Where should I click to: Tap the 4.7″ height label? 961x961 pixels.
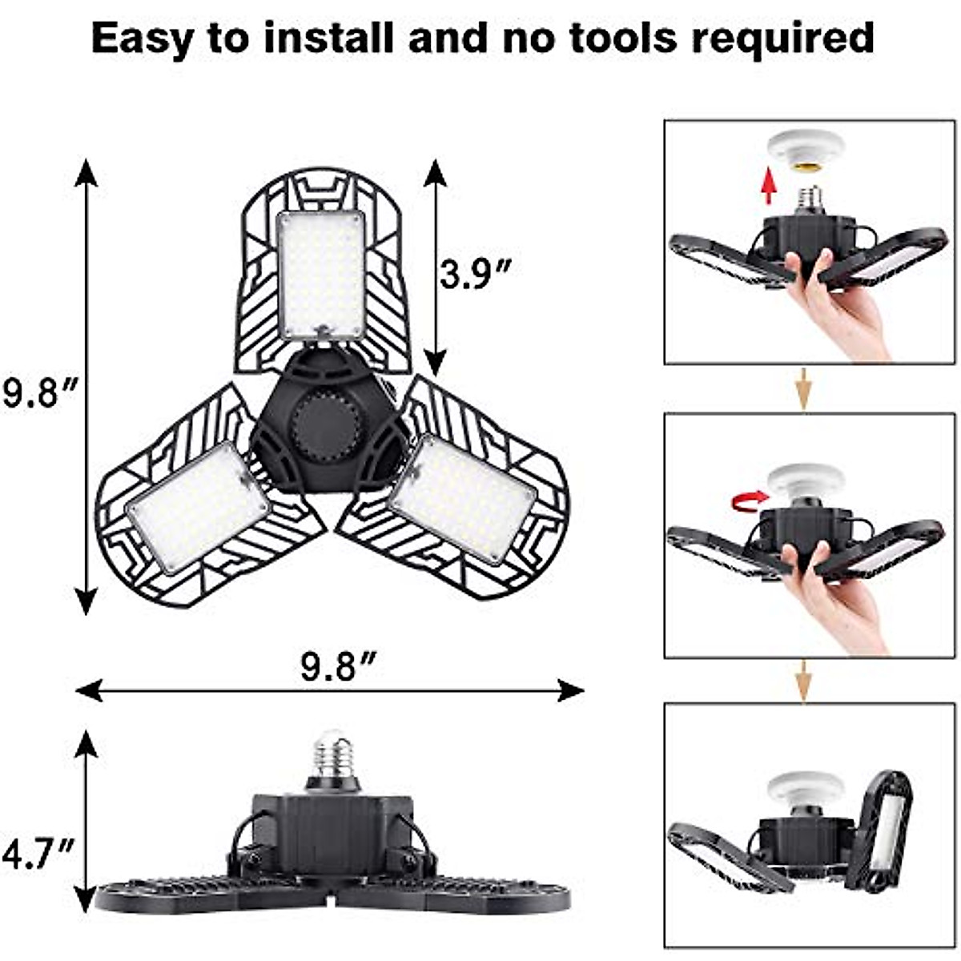point(38,854)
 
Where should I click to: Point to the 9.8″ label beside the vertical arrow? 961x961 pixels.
point(39,392)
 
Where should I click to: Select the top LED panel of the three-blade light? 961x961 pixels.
point(321,273)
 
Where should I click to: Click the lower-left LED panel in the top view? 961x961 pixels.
point(197,506)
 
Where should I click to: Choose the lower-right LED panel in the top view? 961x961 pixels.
point(461,497)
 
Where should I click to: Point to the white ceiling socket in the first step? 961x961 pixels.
point(806,150)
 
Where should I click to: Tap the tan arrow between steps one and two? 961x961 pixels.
point(803,392)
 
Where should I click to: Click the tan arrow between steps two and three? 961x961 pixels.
point(803,682)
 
